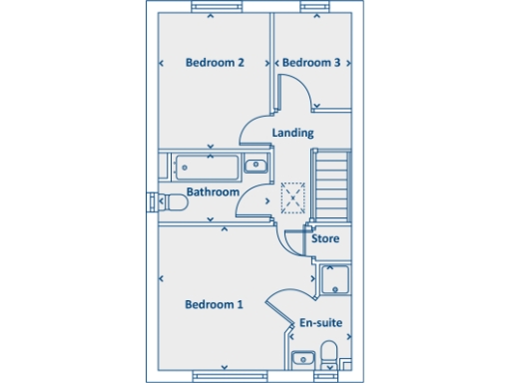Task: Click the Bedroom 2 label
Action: point(215,63)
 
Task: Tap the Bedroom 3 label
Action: point(311,63)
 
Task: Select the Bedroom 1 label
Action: point(214,304)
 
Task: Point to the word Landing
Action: point(292,133)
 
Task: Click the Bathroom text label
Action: point(213,191)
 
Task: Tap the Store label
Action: point(325,239)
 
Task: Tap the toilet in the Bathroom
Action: point(173,202)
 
